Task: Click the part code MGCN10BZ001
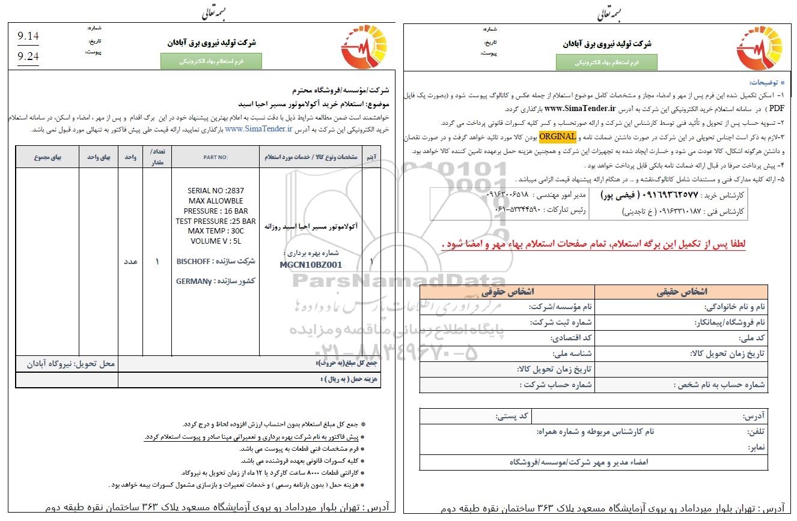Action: tap(311, 265)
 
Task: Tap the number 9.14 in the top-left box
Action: tap(29, 37)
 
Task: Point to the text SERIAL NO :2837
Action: tap(216, 191)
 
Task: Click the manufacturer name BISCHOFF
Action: tap(193, 262)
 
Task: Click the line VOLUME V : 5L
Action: tap(216, 241)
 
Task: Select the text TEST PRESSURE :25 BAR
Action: tap(216, 221)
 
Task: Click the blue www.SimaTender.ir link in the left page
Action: tap(258, 128)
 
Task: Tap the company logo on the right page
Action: tap(756, 49)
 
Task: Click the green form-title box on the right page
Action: tap(606, 62)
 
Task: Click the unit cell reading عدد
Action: tap(130, 262)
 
